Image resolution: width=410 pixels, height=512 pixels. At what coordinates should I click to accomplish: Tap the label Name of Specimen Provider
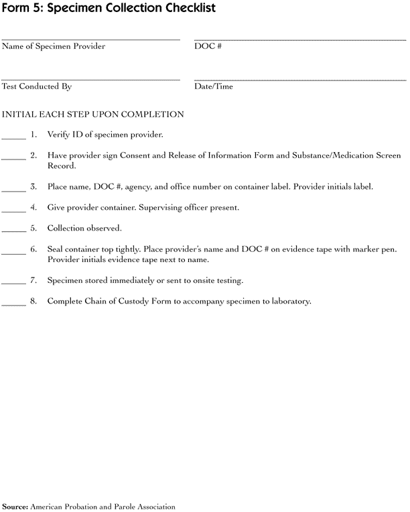click(54, 46)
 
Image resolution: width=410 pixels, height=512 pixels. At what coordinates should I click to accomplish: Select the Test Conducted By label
click(37, 86)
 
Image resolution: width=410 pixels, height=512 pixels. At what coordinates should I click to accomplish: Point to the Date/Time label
click(214, 86)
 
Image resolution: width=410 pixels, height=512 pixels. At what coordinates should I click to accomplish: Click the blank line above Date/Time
click(299, 80)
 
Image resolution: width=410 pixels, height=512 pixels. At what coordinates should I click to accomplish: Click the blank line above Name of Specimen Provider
click(90, 40)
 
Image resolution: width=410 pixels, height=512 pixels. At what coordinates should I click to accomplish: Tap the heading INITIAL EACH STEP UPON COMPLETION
click(93, 115)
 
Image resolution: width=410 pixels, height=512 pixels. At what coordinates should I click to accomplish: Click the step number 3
click(33, 186)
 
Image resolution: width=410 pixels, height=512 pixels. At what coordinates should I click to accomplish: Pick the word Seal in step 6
click(56, 249)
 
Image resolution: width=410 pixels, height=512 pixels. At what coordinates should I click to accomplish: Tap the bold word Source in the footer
click(15, 507)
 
